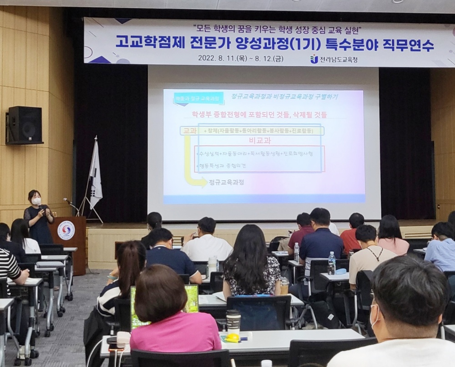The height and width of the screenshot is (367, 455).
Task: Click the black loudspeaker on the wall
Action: [x=25, y=124]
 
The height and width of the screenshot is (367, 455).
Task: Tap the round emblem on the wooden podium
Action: [x=66, y=230]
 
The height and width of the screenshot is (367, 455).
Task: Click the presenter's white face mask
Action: [x=36, y=201]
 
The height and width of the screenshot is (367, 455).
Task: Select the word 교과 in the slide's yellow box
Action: [x=188, y=131]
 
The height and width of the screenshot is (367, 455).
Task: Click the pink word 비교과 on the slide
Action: [x=259, y=141]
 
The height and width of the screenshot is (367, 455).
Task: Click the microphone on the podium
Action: [x=67, y=200]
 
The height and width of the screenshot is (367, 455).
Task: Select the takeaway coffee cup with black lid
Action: [x=233, y=321]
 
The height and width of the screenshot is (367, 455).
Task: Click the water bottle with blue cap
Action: [x=332, y=263]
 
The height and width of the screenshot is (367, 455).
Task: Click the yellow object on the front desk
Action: [x=233, y=338]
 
